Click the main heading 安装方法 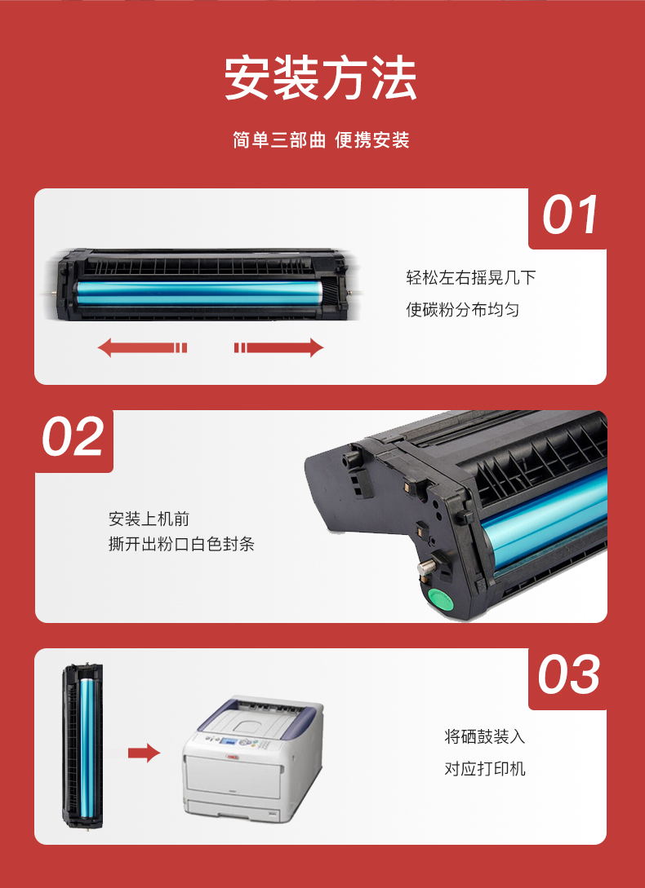(x=321, y=79)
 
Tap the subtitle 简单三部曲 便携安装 (x=321, y=140)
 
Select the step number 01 (x=570, y=215)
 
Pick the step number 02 (x=73, y=436)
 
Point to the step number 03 (x=568, y=674)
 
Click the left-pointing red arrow (x=142, y=347)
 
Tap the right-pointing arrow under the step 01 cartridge (x=279, y=347)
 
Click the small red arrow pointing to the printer (x=144, y=753)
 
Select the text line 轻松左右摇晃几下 (x=471, y=277)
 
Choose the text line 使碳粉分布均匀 (x=462, y=310)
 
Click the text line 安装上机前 (x=149, y=519)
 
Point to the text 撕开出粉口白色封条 (x=181, y=544)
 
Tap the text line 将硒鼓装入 (x=485, y=736)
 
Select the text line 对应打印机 (x=485, y=768)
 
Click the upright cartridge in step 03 (x=82, y=747)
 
